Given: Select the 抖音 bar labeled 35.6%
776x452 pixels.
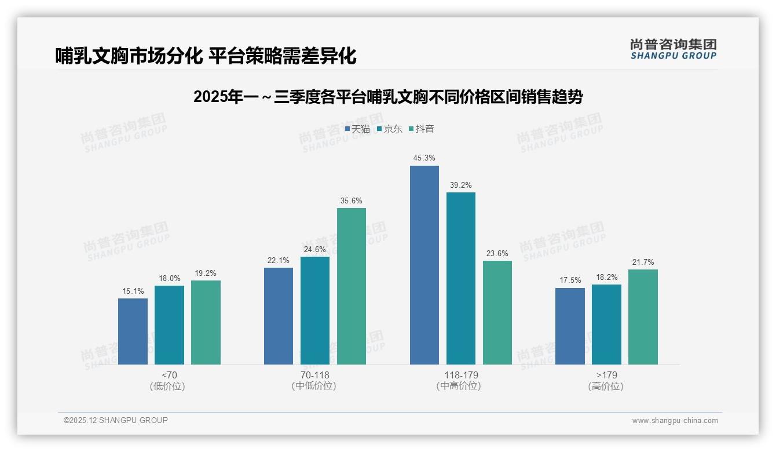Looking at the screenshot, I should (352, 286).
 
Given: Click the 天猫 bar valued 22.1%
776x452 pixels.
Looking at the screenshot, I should (279, 316).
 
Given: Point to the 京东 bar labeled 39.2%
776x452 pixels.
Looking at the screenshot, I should (461, 278).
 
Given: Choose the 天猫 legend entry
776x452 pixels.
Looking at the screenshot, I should (357, 129).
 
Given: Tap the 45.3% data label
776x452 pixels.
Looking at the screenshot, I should (424, 158).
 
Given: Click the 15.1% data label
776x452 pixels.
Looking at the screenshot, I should (133, 291).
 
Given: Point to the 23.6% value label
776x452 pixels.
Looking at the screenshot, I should (497, 253).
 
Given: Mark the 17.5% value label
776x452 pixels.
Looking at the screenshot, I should (570, 280).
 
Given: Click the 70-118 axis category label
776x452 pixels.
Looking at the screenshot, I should (314, 375).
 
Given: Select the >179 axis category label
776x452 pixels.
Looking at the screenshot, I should (606, 375).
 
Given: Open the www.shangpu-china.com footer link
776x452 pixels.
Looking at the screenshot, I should (675, 421).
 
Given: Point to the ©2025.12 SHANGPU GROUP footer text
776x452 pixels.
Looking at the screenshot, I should (116, 420).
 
